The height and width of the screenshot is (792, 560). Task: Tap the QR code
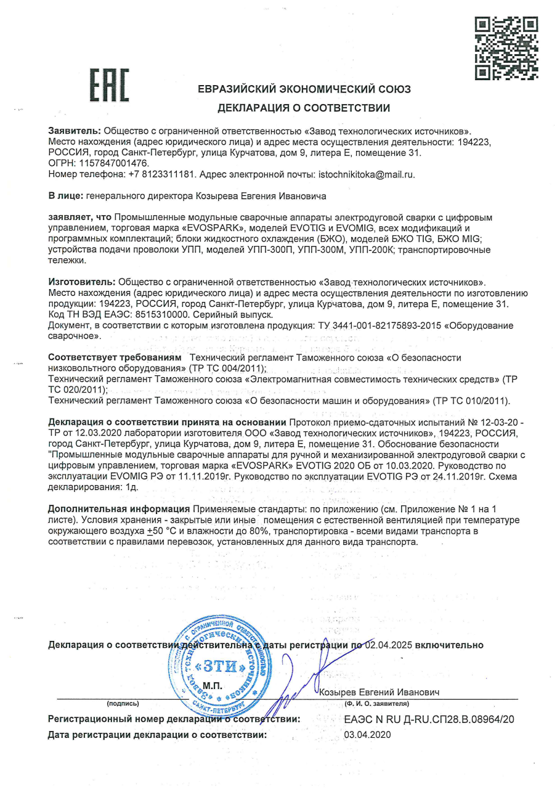click(507, 47)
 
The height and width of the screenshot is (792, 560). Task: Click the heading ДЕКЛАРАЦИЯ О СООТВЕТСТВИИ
click(304, 108)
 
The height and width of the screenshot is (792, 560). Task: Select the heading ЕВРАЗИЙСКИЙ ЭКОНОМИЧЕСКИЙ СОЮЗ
click(304, 89)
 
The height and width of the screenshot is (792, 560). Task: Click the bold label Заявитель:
click(75, 131)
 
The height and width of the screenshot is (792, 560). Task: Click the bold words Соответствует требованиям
click(115, 357)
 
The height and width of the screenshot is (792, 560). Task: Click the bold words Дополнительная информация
click(119, 508)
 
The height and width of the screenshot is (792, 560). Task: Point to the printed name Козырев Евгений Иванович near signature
click(380, 693)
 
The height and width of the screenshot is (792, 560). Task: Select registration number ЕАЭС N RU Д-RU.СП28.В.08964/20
click(429, 719)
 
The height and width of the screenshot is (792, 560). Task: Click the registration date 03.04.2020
click(367, 735)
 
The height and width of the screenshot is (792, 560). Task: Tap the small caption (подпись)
click(123, 703)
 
